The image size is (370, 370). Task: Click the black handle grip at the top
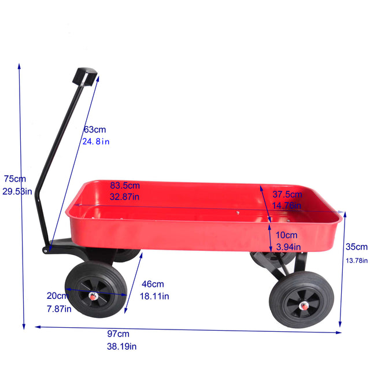click(85, 76)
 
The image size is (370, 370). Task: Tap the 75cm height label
click(14, 179)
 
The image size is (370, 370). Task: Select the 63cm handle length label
click(95, 129)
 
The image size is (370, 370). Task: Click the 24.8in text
click(96, 141)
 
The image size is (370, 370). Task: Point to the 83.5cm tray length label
click(125, 186)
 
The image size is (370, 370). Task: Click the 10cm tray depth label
click(286, 235)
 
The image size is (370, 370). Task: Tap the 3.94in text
click(288, 247)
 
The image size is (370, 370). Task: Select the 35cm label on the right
click(357, 247)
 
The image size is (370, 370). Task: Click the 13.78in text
click(357, 260)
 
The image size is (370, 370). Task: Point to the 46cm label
click(153, 284)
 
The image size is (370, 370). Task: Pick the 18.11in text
click(156, 297)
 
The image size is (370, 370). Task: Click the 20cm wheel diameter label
click(58, 296)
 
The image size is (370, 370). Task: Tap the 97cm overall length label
click(118, 334)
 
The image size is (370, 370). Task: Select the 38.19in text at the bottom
click(121, 347)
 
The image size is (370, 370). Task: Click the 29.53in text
click(17, 191)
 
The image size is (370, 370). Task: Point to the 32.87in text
click(125, 197)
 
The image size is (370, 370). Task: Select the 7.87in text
click(60, 309)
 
